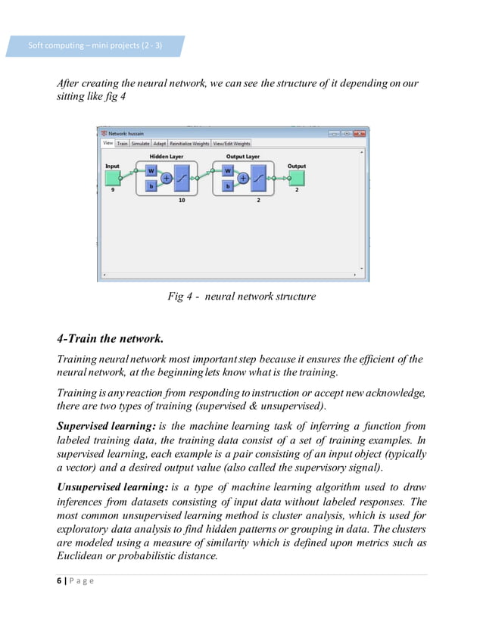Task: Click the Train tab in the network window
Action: [122, 143]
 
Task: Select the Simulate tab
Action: [140, 143]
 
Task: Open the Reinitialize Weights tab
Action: [189, 143]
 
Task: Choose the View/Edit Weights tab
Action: [231, 143]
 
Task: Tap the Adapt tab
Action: [160, 143]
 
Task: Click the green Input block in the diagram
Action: [113, 178]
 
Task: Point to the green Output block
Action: [297, 178]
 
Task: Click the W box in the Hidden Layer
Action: [151, 171]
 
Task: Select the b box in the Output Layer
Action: [227, 185]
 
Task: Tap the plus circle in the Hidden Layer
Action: [167, 179]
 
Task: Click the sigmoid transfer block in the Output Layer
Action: [260, 179]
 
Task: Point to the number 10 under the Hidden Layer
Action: [182, 201]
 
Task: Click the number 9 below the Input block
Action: [113, 191]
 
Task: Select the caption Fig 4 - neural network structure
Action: [241, 297]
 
